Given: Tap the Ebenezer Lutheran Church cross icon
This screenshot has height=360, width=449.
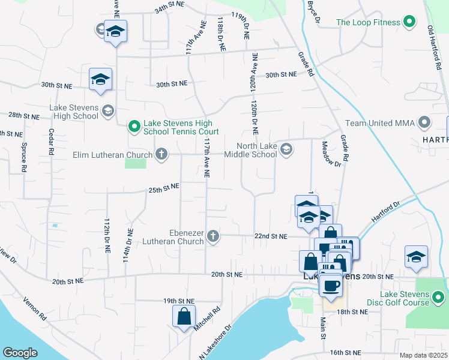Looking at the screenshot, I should (212, 237).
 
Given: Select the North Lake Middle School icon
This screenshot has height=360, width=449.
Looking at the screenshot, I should (286, 149).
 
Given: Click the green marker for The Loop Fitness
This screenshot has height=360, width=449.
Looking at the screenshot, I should (409, 23).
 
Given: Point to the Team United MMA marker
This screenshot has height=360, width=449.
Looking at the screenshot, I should (425, 124).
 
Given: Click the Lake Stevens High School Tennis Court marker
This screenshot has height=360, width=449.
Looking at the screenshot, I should (134, 127).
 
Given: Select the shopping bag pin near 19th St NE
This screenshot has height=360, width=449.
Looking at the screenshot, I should (184, 316).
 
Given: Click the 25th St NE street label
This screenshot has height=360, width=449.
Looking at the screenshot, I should (164, 188).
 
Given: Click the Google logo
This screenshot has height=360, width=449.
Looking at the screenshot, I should (20, 353).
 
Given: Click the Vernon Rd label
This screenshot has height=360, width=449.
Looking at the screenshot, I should (35, 307).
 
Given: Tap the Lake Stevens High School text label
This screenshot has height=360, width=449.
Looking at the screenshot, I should (73, 112).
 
